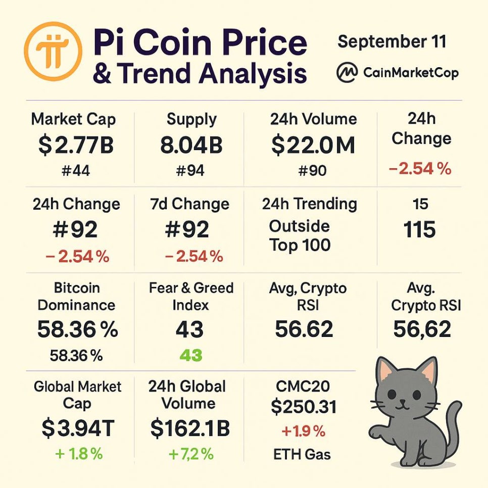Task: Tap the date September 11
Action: click(392, 41)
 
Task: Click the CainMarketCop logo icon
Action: click(347, 73)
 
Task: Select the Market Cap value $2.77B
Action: click(76, 146)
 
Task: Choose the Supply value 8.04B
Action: click(191, 146)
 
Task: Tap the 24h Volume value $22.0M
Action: click(313, 146)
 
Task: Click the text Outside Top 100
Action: click(300, 235)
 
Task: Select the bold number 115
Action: click(420, 230)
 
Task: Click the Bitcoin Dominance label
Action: click(77, 297)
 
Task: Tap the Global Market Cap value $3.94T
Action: click(78, 428)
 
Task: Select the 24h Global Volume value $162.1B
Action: click(190, 428)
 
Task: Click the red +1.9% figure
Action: click(303, 431)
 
